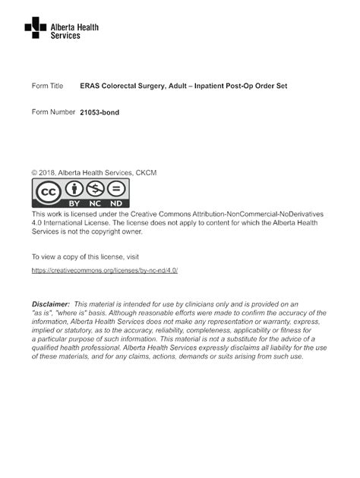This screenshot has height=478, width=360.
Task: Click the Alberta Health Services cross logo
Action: click(35, 29)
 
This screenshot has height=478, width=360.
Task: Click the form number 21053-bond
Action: click(99, 112)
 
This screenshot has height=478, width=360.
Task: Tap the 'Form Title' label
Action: click(48, 86)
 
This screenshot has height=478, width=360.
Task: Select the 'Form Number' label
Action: click(53, 112)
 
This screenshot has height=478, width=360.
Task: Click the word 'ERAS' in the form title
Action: click(90, 86)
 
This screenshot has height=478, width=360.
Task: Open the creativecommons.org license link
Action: click(104, 270)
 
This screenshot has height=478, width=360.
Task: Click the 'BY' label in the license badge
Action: click(74, 204)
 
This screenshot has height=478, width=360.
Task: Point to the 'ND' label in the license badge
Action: click(116, 204)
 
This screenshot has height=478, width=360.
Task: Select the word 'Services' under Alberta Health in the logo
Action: click(65, 36)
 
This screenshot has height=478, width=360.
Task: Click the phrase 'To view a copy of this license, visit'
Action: click(86, 256)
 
